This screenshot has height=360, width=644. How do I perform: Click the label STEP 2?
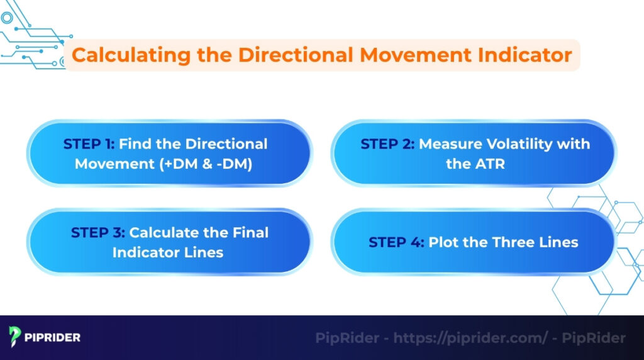387,144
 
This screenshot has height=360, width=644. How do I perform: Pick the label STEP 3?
99,233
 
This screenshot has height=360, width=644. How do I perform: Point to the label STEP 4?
396,242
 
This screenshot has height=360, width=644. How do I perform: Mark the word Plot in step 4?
444,242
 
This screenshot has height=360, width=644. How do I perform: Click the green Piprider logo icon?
16,337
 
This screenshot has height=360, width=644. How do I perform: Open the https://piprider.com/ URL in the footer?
471,338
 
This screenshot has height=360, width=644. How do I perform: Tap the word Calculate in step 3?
165,233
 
